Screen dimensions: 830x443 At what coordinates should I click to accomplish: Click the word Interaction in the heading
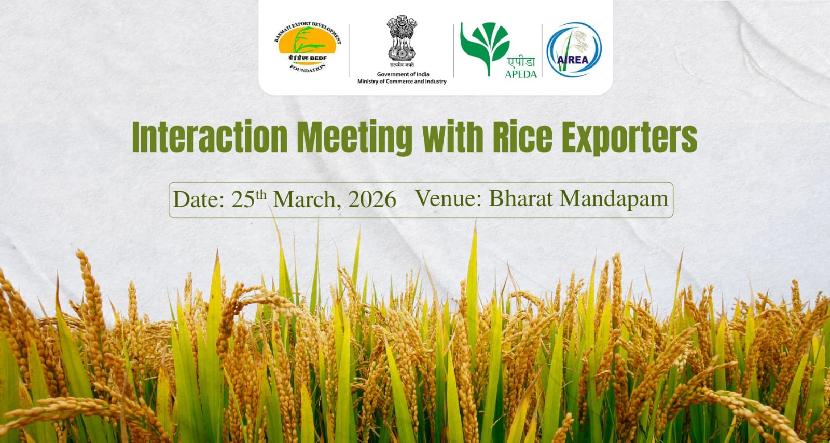[210, 137]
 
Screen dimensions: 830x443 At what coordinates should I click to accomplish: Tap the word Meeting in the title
[355, 138]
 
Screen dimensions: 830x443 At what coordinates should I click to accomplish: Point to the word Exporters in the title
[630, 138]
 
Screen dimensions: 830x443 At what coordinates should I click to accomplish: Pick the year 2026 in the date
[372, 199]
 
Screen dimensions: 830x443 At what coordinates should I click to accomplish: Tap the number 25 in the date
[243, 199]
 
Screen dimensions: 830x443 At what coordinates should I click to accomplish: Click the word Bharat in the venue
[521, 198]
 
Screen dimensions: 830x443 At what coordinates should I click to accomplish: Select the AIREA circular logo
[574, 50]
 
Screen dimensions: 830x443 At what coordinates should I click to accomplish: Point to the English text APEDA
[521, 74]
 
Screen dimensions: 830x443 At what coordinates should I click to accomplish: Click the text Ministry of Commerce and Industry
[402, 82]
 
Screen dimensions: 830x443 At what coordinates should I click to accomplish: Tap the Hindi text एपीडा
[521, 61]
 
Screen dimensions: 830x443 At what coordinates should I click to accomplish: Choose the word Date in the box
[199, 199]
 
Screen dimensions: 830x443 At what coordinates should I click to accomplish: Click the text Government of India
[403, 74]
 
